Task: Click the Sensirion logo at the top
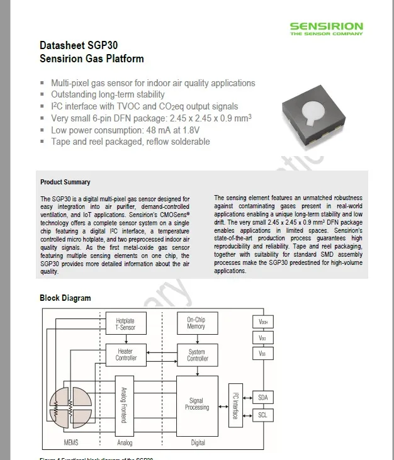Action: (x=326, y=29)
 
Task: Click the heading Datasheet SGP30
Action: (x=79, y=46)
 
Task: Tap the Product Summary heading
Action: (x=65, y=182)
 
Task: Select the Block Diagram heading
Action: (x=65, y=298)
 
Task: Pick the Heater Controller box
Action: (x=126, y=354)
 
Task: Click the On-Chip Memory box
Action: (x=196, y=323)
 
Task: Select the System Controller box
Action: (x=197, y=354)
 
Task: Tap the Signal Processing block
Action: (x=197, y=404)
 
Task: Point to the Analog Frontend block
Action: (x=124, y=404)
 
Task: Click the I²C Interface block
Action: (x=235, y=405)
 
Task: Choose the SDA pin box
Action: (x=262, y=397)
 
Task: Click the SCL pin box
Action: (x=262, y=415)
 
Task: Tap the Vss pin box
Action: (x=262, y=354)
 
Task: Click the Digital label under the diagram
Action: (x=198, y=443)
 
